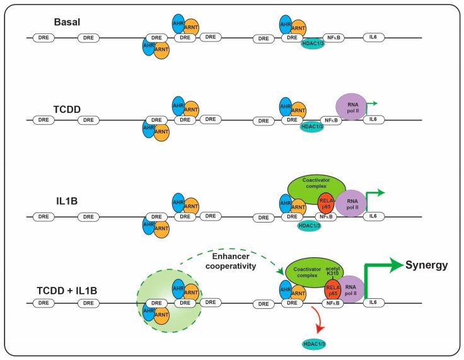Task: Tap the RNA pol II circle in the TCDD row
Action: click(351, 106)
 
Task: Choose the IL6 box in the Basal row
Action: click(374, 38)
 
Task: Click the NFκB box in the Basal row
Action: click(332, 38)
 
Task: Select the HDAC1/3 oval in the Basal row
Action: click(311, 48)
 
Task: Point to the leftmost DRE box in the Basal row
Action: click(43, 38)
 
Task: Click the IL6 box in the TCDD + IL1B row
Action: click(374, 303)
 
